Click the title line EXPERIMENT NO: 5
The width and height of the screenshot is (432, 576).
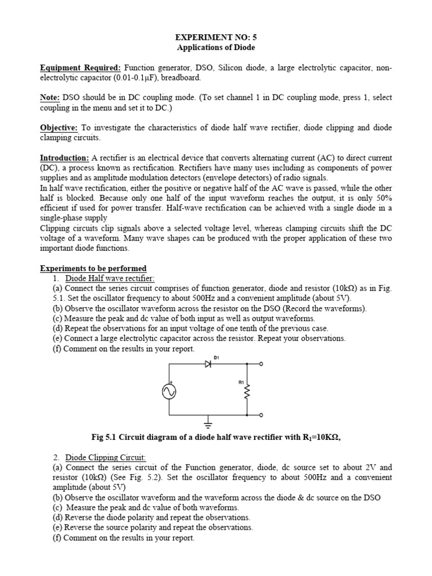pos(216,37)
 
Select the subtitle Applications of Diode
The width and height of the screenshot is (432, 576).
pos(216,48)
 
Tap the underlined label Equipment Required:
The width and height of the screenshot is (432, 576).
pos(80,68)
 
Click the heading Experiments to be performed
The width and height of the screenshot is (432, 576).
pos(93,268)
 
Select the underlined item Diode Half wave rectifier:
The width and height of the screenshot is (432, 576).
pos(110,279)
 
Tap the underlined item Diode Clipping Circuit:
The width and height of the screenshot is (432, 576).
pos(105,458)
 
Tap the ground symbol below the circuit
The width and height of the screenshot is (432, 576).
pos(208,422)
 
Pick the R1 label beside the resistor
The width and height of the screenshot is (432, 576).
pos(241,382)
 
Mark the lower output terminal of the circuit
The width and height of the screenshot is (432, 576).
pos(260,415)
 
